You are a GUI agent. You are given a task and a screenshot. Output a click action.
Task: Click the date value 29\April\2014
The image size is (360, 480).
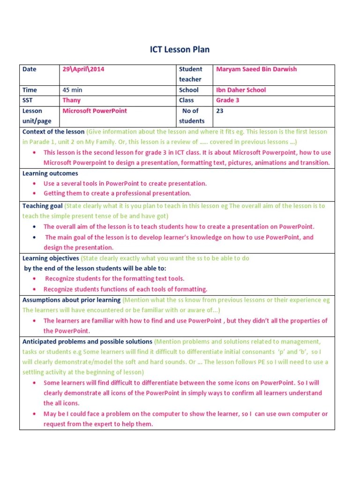click(x=83, y=69)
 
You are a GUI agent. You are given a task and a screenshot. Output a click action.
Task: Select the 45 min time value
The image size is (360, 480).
click(x=72, y=90)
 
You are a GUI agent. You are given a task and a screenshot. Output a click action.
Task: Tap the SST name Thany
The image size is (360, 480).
click(x=71, y=100)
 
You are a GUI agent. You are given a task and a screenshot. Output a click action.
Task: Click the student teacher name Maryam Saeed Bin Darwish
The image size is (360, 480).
click(x=256, y=69)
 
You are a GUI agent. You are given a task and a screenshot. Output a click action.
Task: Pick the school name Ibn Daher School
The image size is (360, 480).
click(x=240, y=90)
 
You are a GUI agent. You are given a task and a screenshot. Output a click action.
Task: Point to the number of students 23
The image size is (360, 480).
click(x=220, y=111)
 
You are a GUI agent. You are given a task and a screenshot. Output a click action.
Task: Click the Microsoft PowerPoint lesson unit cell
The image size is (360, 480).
click(x=95, y=111)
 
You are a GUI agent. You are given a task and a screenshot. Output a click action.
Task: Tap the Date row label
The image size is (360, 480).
click(x=29, y=69)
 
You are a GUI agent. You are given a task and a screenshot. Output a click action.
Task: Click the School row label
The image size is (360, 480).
click(x=188, y=90)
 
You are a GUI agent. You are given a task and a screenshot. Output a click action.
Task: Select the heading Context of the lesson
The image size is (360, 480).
click(x=53, y=132)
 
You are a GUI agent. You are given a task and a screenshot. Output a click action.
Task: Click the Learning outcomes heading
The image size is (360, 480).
click(x=50, y=173)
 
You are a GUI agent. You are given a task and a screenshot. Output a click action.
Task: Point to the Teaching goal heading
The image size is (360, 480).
click(x=42, y=206)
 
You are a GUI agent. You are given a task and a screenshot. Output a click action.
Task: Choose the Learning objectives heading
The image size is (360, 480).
click(x=51, y=258)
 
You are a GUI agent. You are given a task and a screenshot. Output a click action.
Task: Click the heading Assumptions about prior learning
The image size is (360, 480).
click(x=72, y=300)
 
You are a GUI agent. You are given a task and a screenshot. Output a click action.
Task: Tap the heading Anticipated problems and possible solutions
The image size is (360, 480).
click(x=87, y=342)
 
